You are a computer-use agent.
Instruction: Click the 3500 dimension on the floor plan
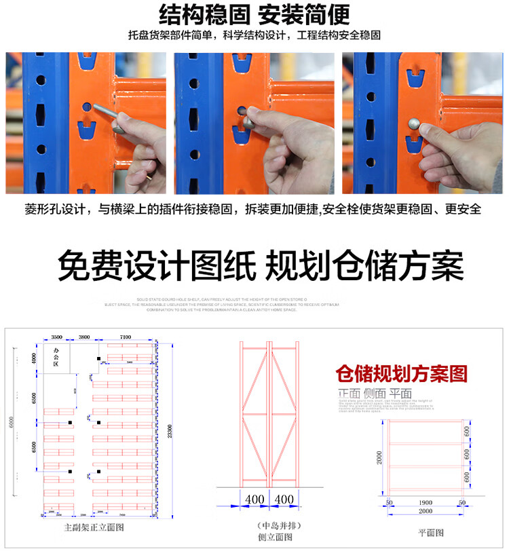click(56, 336)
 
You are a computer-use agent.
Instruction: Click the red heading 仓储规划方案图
click(402, 374)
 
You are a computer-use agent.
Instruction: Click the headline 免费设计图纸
click(155, 267)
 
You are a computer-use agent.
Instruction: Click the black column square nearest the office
click(99, 358)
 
